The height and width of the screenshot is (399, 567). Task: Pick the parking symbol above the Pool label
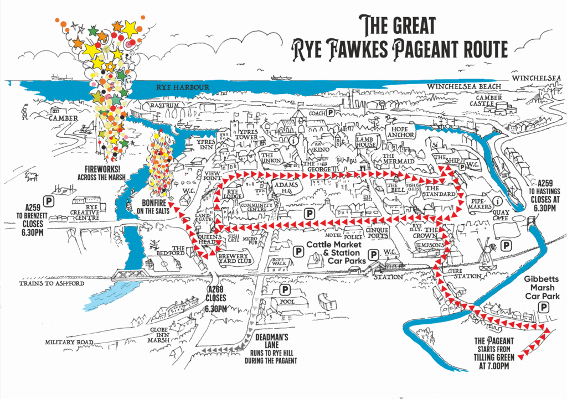point(286,289)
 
